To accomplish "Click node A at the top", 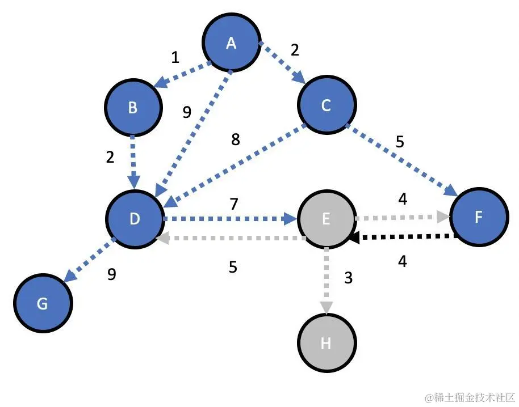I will click(231, 43).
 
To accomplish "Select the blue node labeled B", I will click(133, 108).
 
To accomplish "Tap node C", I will click(326, 106).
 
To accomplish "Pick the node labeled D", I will click(135, 218).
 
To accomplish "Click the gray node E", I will click(326, 218).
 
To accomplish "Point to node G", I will click(43, 304).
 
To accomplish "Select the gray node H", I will click(326, 343).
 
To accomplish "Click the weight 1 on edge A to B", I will click(175, 57).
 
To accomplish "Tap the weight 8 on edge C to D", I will click(236, 139).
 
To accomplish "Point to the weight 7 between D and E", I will click(233, 203).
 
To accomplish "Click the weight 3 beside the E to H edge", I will click(349, 278).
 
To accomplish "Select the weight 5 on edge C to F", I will click(400, 141).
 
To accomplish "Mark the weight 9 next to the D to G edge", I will click(112, 274).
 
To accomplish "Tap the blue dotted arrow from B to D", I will click(134, 160).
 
